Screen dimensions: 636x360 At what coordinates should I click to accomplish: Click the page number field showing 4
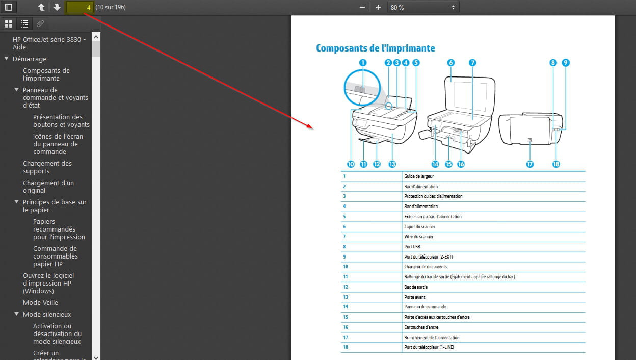click(79, 7)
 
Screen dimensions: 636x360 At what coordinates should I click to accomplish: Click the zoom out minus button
click(362, 7)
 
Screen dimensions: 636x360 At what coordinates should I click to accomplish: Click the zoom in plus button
click(378, 7)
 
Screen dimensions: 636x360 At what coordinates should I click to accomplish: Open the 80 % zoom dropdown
click(423, 7)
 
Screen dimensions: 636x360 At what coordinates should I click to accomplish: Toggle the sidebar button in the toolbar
click(9, 7)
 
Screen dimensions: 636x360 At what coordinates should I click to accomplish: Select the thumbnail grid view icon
click(9, 24)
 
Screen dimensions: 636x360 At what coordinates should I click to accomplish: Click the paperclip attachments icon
click(40, 24)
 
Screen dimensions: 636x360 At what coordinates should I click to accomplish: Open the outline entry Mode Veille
click(40, 302)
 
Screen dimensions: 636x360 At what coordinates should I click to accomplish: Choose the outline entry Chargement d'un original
click(48, 187)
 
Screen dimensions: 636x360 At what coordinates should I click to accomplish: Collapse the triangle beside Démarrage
click(6, 58)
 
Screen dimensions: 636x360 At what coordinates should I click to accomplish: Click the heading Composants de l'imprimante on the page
click(376, 48)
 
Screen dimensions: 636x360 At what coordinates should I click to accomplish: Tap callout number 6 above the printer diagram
click(451, 63)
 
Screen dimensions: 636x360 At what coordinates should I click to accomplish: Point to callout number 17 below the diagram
click(530, 164)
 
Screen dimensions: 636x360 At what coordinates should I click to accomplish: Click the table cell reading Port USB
click(412, 247)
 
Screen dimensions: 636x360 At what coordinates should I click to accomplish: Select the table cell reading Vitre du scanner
click(418, 237)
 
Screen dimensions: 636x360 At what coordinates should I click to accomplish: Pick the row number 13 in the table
click(346, 297)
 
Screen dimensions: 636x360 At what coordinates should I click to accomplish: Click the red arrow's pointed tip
click(313, 128)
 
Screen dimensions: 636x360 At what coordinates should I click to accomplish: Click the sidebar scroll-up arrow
click(96, 37)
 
